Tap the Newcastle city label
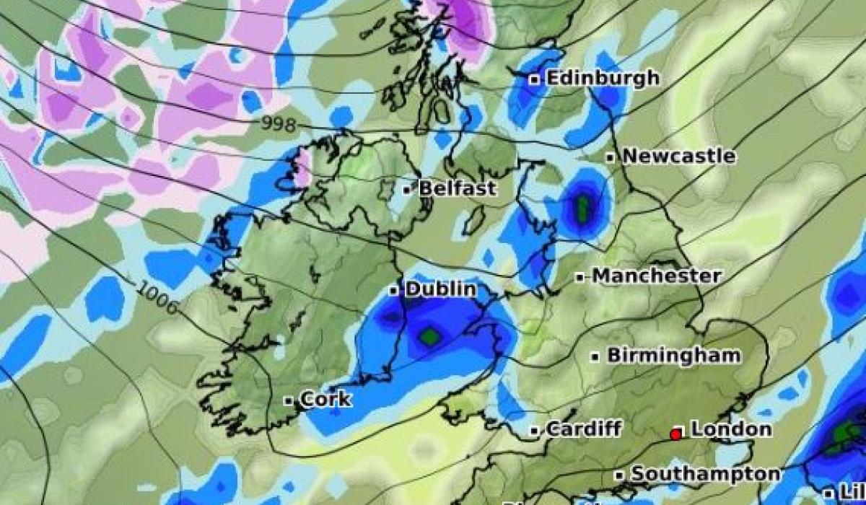[x=679, y=156]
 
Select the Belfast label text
[x=458, y=189]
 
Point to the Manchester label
[x=656, y=276]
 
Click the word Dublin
[x=440, y=289]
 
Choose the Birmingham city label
[x=673, y=356]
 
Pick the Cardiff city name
[x=583, y=429]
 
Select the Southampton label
[x=705, y=474]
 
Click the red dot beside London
[x=675, y=434]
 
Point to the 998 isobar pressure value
[x=279, y=125]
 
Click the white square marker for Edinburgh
[x=535, y=80]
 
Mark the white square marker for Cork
[x=288, y=400]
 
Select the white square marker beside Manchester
[x=580, y=277]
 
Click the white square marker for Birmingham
[x=596, y=356]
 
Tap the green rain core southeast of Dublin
[x=430, y=335]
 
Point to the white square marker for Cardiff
[x=535, y=431]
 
